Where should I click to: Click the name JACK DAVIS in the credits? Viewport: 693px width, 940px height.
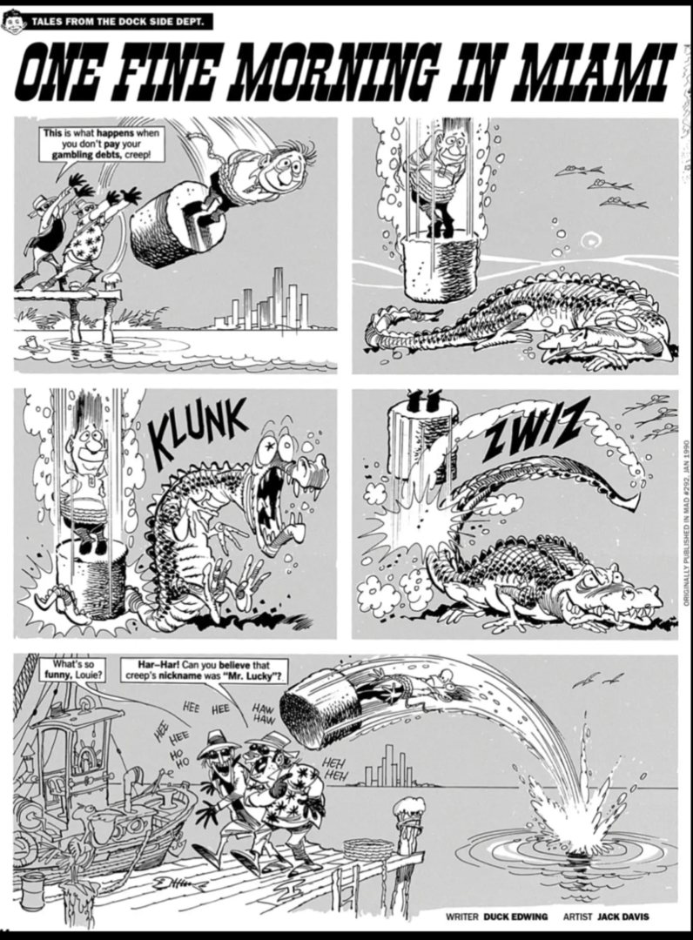click(x=622, y=916)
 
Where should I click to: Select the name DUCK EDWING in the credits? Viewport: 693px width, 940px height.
click(x=515, y=916)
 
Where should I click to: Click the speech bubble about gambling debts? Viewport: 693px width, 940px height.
click(x=101, y=144)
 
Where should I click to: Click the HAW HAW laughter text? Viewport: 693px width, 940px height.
click(x=262, y=714)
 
